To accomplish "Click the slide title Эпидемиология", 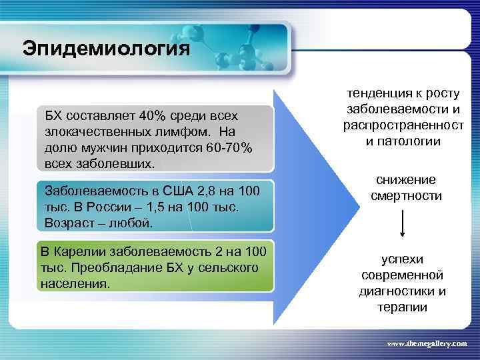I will pyautogui.click(x=106, y=49).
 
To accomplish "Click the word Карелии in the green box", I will pyautogui.click(x=83, y=252).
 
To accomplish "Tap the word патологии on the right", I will pyautogui.click(x=408, y=141).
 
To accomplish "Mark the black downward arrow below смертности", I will pyautogui.click(x=402, y=225).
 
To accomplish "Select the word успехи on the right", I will pyautogui.click(x=402, y=260).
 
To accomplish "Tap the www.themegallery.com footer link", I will pyautogui.click(x=427, y=343).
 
